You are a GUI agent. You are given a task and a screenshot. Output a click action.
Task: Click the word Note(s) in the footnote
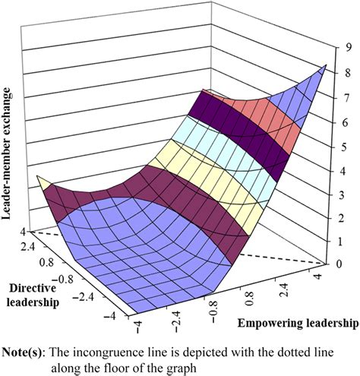(x=27, y=349)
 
